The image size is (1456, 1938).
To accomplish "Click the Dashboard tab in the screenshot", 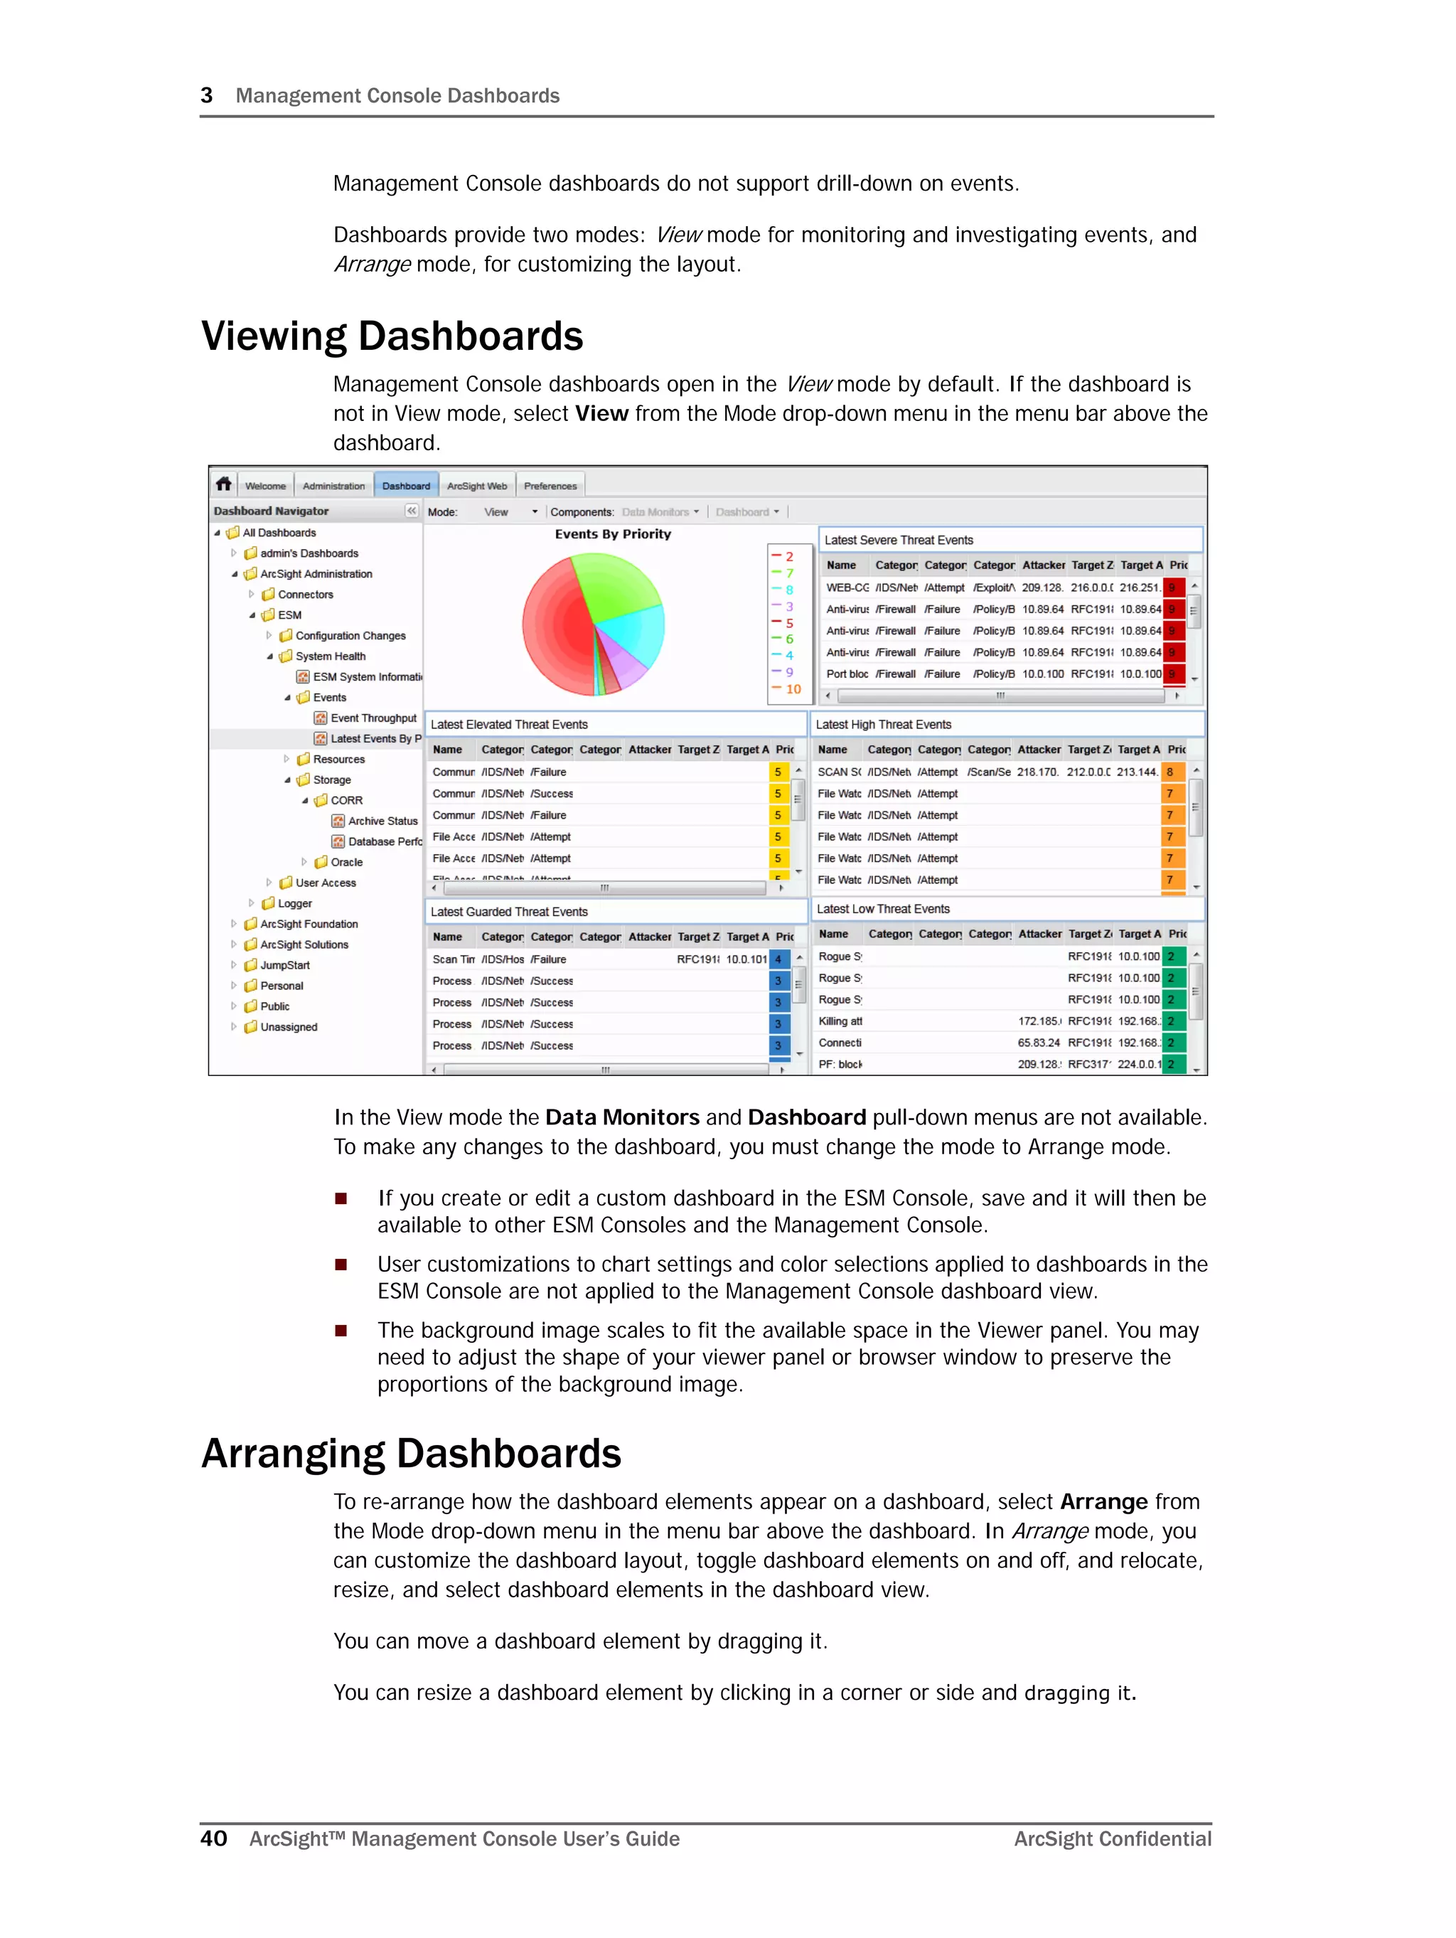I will click(406, 485).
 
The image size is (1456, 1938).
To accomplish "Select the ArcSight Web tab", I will click(476, 485).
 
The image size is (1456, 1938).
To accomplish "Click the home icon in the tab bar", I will click(224, 484).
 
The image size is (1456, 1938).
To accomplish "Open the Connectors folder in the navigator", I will click(305, 594).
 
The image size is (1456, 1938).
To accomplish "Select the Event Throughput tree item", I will click(373, 718).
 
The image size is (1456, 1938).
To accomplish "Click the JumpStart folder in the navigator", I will click(284, 964).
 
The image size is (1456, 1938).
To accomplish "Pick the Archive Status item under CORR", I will click(382, 821).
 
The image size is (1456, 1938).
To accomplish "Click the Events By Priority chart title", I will click(612, 533).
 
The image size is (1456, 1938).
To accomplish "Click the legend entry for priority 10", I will click(792, 688).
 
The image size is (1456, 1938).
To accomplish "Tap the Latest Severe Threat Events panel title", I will click(898, 540).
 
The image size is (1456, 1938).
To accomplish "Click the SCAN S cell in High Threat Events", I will click(838, 772).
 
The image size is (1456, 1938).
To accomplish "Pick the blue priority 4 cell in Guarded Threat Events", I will click(778, 959).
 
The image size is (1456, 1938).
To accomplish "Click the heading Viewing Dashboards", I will click(392, 336).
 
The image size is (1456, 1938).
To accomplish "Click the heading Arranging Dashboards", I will click(411, 1454).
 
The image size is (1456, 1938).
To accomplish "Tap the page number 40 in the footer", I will click(214, 1838).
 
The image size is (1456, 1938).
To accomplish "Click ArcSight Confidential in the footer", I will click(1112, 1839).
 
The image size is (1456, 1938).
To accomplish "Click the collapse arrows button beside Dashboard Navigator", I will click(412, 511).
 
